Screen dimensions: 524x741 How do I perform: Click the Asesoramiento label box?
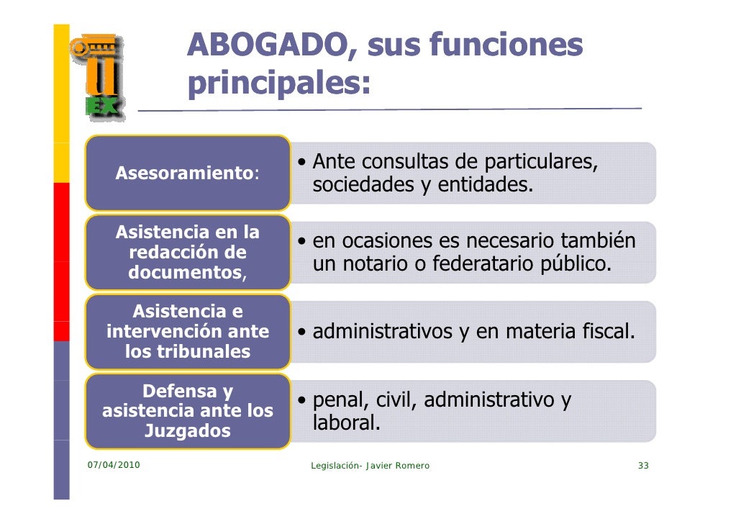point(187,173)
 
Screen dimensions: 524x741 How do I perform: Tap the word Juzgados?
point(188,431)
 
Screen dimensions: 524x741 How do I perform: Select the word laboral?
point(345,423)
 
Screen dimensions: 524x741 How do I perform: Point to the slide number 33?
point(643,466)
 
